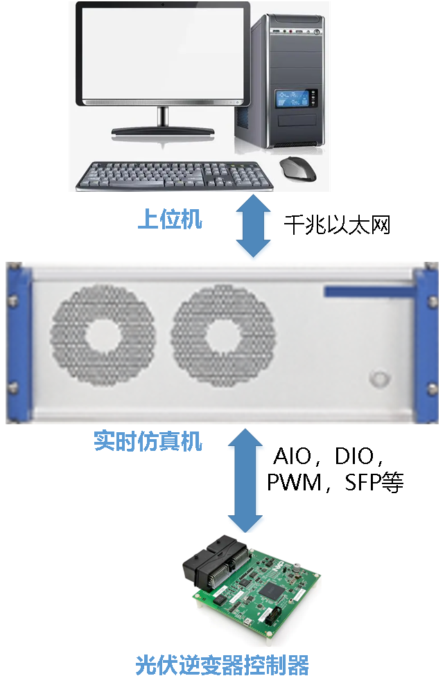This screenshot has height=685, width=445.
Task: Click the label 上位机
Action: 170,220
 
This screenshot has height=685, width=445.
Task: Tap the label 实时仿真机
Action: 148,441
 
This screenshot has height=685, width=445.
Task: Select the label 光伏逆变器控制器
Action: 222,665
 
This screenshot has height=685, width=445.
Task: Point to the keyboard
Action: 173,176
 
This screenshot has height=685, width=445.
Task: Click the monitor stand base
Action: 163,132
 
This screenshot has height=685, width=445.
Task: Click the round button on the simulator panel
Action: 378,378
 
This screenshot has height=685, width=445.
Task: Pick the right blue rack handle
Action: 426,342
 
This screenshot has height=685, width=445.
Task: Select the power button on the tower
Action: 317,32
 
